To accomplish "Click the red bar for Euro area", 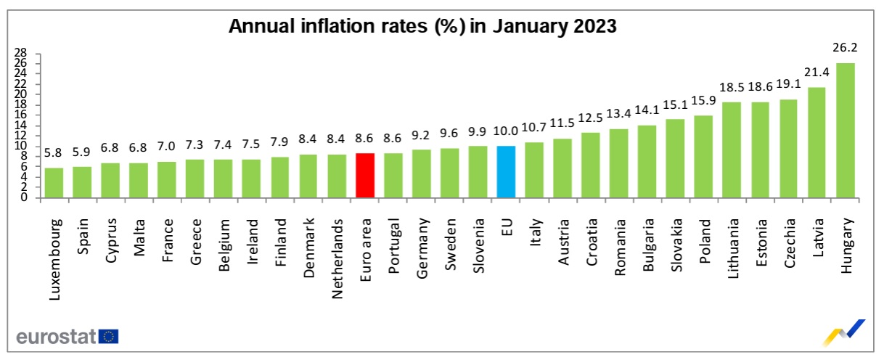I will (365, 175).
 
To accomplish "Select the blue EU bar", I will (507, 171).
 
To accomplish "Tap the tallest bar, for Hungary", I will (846, 130).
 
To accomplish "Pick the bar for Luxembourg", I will (54, 182).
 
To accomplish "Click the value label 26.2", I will (846, 49).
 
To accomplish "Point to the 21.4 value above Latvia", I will (817, 73).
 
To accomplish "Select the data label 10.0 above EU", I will (507, 131).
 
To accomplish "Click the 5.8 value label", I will (54, 154).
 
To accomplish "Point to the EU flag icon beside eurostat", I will (110, 336).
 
